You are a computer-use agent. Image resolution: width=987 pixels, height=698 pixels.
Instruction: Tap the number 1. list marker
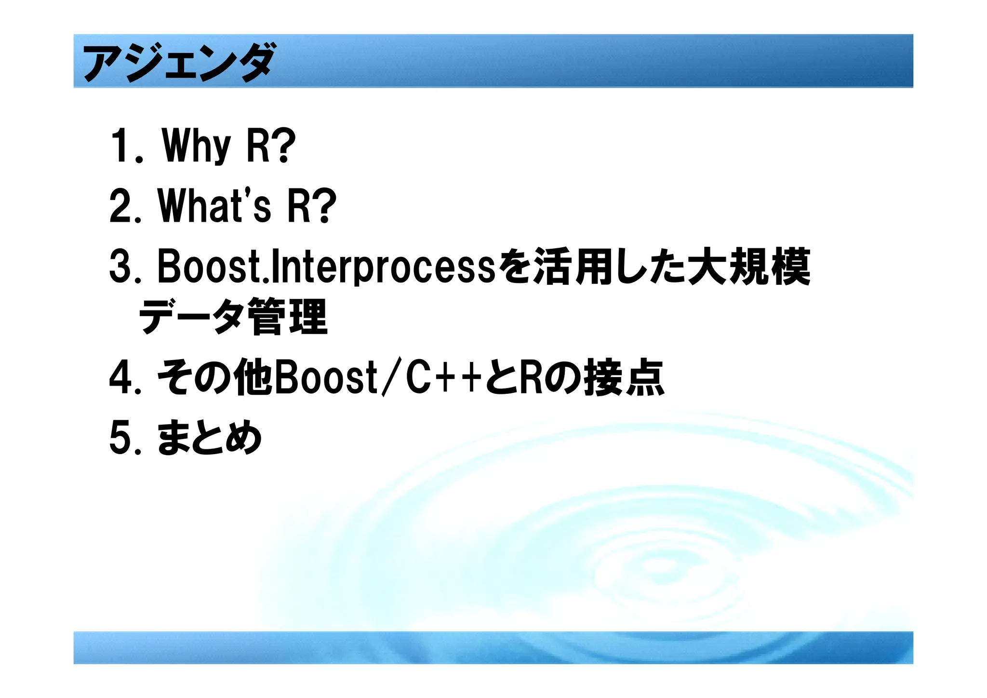pos(126,146)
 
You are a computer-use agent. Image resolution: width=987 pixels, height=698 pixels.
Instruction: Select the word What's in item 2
pos(214,206)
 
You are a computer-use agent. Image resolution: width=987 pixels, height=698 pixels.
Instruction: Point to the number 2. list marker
pos(125,206)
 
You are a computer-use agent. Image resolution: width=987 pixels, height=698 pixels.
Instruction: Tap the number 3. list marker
pos(125,267)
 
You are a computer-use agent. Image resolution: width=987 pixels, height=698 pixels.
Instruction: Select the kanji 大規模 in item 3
pos(748,267)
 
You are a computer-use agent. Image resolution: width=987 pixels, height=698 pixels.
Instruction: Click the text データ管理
pos(233,317)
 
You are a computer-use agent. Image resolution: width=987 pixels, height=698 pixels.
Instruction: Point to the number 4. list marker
pos(125,377)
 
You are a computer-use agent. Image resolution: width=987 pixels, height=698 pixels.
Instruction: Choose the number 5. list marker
pos(125,438)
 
